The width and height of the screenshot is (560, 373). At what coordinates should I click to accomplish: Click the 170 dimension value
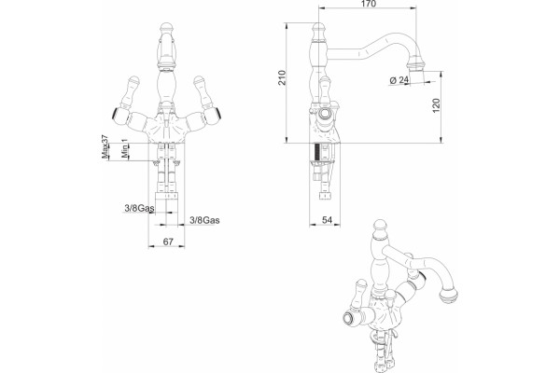[369, 4]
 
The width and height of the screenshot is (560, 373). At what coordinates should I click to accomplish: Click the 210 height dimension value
[283, 77]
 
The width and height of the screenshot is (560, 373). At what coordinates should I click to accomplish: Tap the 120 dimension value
[437, 105]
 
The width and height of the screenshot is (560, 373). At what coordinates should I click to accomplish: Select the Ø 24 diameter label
[399, 80]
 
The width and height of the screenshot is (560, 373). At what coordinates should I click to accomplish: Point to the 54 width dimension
[328, 220]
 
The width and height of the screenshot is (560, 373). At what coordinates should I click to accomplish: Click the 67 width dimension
[168, 242]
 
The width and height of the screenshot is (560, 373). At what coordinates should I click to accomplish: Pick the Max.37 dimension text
[105, 146]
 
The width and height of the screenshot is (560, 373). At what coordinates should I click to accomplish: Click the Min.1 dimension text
[124, 149]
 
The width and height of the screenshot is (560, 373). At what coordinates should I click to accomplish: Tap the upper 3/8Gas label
[139, 208]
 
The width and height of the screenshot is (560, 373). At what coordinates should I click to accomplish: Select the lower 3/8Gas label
[204, 220]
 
